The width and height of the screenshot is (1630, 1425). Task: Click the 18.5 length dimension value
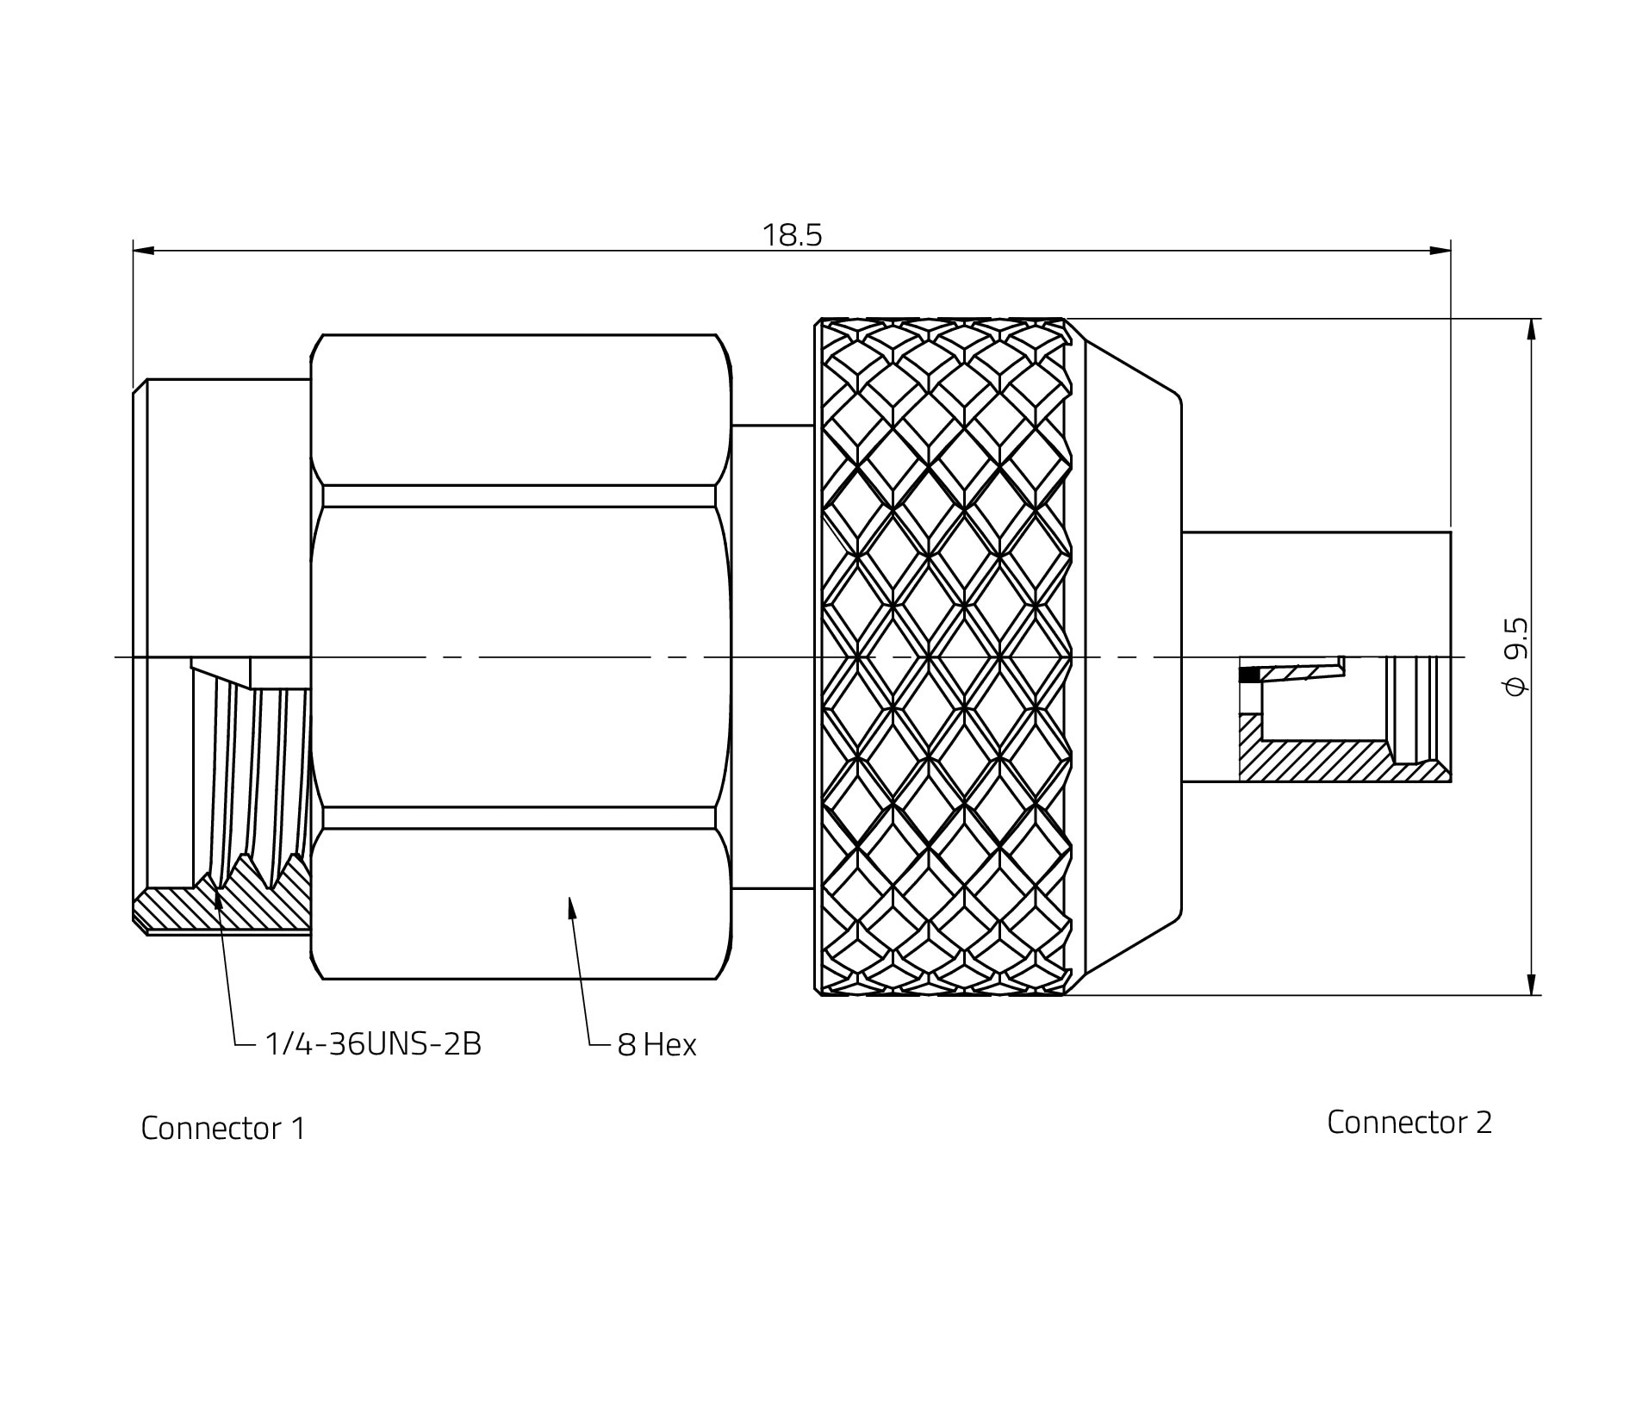[792, 235]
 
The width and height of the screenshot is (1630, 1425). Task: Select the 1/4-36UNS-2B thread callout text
[372, 1044]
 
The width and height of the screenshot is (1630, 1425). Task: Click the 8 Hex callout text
[656, 1045]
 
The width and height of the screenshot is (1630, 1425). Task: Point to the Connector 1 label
[223, 1129]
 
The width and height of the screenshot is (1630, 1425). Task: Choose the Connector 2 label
[1409, 1122]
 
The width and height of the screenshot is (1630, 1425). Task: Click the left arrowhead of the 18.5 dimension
[144, 251]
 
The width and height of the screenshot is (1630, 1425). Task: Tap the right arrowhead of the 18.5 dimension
[1440, 251]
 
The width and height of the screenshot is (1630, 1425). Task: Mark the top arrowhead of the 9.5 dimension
[1531, 330]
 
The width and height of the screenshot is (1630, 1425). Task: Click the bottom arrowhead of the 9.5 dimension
[1531, 984]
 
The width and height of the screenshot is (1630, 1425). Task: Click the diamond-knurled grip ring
[943, 656]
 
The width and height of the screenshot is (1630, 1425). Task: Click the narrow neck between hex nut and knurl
[773, 656]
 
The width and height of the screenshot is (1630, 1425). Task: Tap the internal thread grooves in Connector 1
[250, 775]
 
